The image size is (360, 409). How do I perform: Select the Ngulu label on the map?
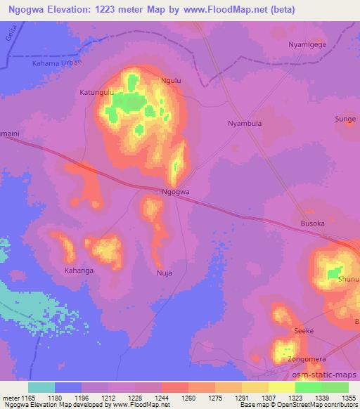172,81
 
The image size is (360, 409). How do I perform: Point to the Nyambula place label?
245,124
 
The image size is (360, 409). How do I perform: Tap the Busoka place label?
313,223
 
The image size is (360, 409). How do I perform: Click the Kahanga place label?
79,269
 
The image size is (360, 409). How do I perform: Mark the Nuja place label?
164,273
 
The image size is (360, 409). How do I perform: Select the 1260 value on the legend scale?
187,398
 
